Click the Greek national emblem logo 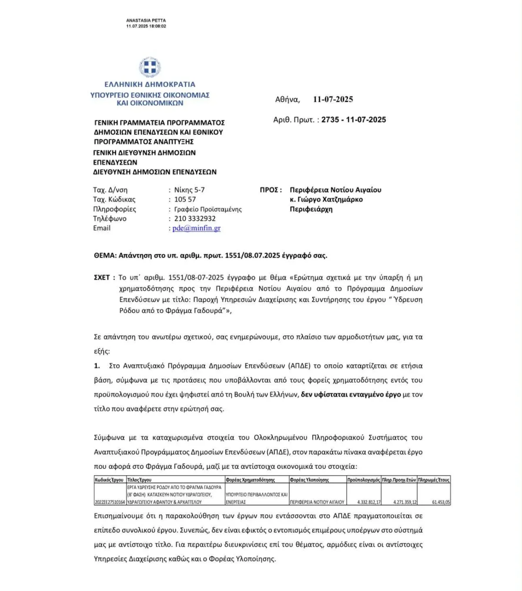click(150, 67)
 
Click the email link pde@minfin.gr click(196, 228)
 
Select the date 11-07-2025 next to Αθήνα click(333, 99)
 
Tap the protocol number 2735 click(330, 120)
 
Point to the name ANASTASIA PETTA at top click(146, 20)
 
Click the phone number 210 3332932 click(195, 218)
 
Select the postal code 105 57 click(185, 199)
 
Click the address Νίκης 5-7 click(189, 190)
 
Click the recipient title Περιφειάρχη click(311, 209)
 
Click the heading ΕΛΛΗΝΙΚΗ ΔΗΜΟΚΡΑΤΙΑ click(150, 84)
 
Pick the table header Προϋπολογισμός click(364, 480)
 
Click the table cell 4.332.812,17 click(369, 502)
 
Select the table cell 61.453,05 click(441, 502)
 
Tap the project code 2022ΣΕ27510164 click(110, 502)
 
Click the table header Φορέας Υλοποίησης click(309, 480)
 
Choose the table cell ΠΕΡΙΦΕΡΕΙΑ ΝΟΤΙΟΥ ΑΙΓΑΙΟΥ click(317, 502)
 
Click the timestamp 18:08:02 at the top click(158, 26)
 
